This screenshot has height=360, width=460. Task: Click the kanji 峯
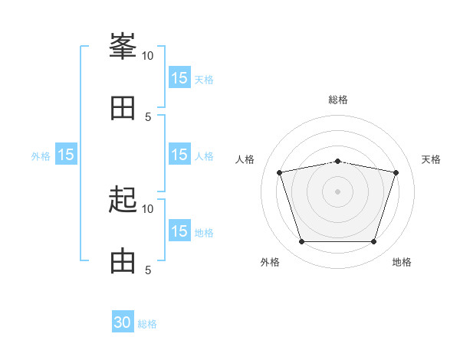tap(123, 47)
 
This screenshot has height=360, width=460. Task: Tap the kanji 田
tap(123, 108)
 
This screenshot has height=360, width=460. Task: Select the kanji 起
tap(123, 201)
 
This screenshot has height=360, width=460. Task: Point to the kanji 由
tap(123, 261)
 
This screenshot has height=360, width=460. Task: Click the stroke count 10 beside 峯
tap(147, 55)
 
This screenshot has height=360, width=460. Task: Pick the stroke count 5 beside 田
tap(148, 116)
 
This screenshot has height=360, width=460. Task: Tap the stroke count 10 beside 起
tap(147, 208)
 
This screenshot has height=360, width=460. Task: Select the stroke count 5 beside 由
tap(148, 270)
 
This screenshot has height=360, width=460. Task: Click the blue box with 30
tap(123, 322)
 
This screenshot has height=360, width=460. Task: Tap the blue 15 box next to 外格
tap(66, 155)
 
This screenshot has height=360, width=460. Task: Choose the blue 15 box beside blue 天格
tap(179, 78)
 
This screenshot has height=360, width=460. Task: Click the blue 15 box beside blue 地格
tap(179, 231)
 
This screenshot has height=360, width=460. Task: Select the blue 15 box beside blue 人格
tap(179, 155)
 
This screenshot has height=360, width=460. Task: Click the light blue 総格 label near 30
tap(147, 324)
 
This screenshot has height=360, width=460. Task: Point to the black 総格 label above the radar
tap(337, 100)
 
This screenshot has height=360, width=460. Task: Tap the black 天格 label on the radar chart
tap(431, 159)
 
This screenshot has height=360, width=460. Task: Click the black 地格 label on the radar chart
tap(402, 262)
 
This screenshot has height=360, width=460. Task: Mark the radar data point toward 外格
tap(301, 242)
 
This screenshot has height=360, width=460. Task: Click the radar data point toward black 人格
tap(279, 173)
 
